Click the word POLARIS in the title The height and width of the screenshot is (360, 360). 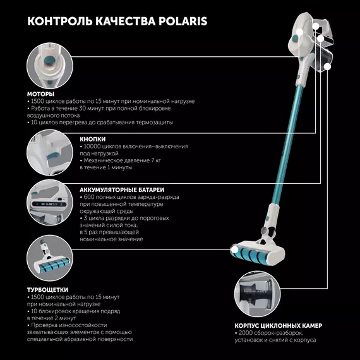[183, 21]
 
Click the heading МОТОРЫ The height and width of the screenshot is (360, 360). [40, 94]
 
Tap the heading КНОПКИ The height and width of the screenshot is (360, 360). [93, 139]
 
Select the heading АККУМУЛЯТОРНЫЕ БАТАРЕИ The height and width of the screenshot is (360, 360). [122, 190]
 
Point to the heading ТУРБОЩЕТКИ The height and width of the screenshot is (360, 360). [48, 290]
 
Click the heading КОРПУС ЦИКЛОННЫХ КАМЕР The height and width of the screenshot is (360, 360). [279, 325]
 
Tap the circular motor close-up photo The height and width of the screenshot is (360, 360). [50, 66]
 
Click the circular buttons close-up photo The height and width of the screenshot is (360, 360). [50, 152]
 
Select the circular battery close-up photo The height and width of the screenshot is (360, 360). [50, 203]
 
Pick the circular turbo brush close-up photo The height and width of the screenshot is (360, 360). [50, 258]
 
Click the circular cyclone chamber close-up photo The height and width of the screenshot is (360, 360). [258, 294]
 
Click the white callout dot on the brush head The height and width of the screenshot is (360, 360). [234, 249]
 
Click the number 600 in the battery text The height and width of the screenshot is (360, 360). [88, 197]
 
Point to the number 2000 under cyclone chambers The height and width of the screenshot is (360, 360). [246, 333]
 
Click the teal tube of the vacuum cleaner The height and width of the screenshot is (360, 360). [287, 145]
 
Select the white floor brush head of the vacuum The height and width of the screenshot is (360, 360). [258, 253]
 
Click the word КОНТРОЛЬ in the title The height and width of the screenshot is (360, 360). [60, 21]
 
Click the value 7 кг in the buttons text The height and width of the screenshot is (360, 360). [156, 160]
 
